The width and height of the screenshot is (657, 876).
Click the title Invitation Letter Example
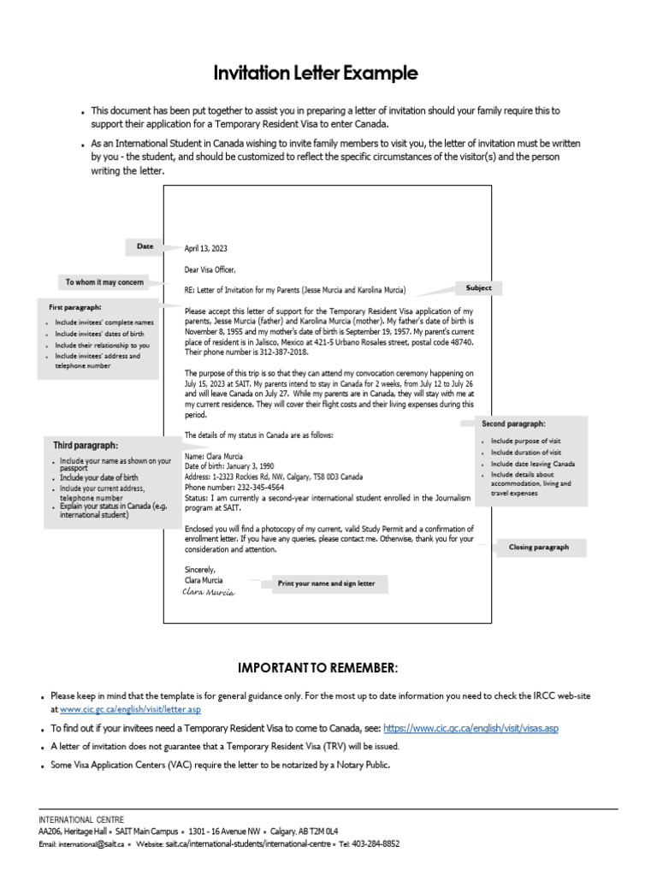click(328, 74)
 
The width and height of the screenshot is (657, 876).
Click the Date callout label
click(145, 246)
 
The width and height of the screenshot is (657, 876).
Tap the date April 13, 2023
click(206, 249)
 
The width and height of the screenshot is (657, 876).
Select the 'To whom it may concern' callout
click(104, 281)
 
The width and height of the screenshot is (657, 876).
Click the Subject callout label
click(478, 288)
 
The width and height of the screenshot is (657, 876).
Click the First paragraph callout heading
click(75, 306)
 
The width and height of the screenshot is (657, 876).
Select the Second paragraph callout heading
click(513, 423)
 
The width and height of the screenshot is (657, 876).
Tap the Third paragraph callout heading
click(86, 445)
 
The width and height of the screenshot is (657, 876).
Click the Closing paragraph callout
click(538, 547)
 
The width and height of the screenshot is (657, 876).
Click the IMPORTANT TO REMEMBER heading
click(317, 667)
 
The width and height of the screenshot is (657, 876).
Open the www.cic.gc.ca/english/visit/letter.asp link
click(130, 709)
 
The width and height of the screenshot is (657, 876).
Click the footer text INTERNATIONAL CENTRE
click(81, 820)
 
